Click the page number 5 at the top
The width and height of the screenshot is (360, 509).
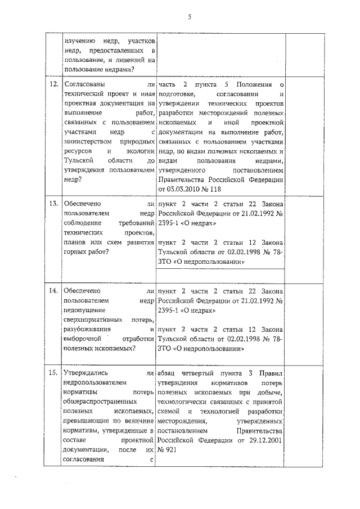[x=190, y=16]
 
